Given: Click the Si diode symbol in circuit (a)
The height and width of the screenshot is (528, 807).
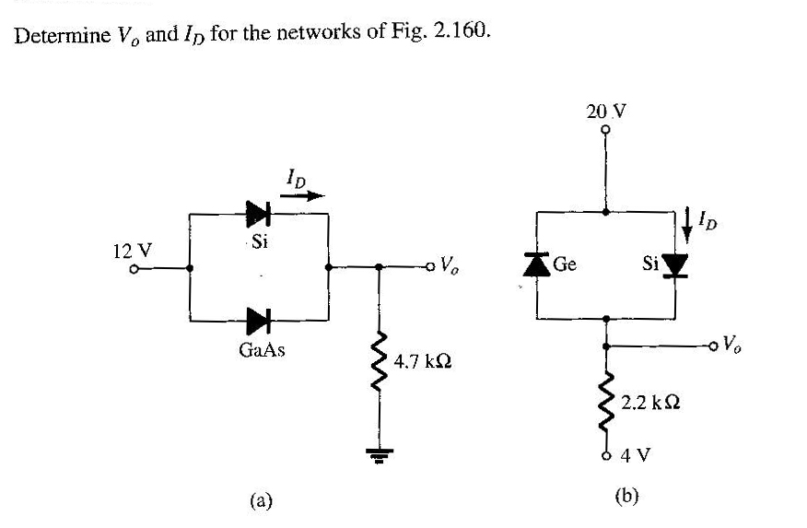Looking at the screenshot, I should point(258,215).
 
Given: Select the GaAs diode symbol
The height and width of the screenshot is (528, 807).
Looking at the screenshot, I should point(258,321).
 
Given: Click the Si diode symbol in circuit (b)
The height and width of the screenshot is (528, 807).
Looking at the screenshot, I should point(676,265).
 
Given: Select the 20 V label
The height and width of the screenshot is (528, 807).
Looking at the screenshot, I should point(605,111).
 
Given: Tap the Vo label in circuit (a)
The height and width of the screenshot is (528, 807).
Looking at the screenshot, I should point(450,268).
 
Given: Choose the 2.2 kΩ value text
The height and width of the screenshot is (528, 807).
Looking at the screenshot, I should point(651,403).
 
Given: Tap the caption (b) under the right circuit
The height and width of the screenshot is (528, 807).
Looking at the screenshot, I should point(626,496).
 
